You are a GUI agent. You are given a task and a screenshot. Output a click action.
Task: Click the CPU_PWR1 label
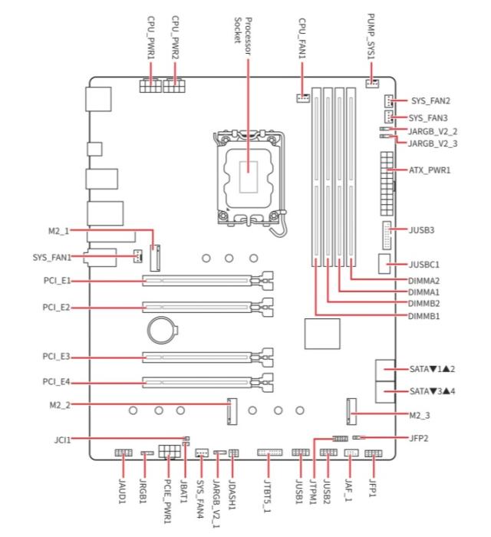click(x=151, y=38)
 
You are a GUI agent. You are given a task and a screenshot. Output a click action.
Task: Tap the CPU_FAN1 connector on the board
click(x=303, y=98)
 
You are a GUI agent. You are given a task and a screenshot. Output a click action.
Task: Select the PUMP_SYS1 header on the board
click(x=372, y=83)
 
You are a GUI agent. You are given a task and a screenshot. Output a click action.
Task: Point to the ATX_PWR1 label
click(x=430, y=170)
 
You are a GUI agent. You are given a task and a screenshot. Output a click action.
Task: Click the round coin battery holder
click(x=163, y=330)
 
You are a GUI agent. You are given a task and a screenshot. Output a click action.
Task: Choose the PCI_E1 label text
click(x=57, y=281)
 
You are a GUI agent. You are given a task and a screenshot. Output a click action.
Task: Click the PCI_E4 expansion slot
click(x=207, y=382)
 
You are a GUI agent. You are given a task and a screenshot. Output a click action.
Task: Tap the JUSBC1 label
click(x=424, y=265)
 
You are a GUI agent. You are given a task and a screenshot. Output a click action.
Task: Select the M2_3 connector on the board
click(x=351, y=412)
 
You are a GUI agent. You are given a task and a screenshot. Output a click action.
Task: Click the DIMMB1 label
click(x=424, y=316)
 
